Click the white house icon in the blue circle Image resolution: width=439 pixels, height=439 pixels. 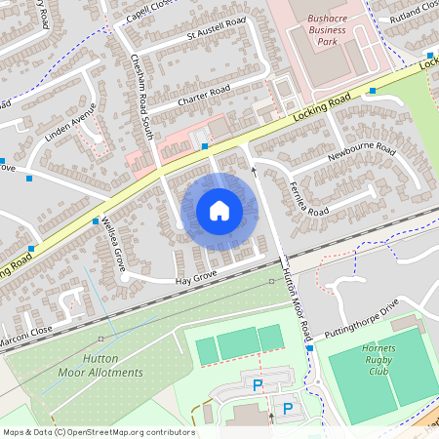click(219, 210)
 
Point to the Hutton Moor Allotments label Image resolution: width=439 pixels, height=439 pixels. click(112, 366)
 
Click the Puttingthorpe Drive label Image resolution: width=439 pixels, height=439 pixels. click(362, 314)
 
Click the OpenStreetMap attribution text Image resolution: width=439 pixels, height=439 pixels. click(98, 432)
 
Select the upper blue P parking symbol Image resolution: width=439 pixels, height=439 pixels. click(258, 386)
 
